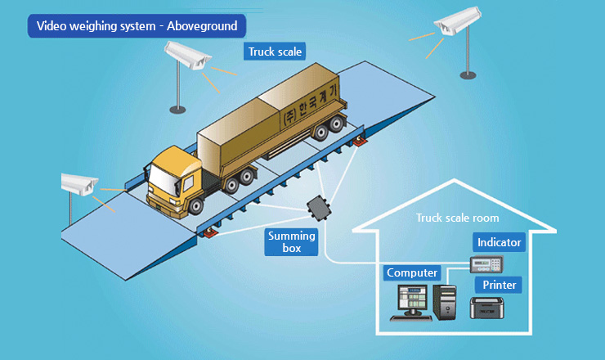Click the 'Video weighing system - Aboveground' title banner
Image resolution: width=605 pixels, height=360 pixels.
coord(136,25)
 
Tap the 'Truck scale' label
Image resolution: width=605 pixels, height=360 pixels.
coord(276,51)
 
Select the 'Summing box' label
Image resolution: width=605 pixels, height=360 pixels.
coord(292,242)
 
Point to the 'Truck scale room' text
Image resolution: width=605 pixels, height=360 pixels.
coord(457,218)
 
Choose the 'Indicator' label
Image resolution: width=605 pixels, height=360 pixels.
coord(499,242)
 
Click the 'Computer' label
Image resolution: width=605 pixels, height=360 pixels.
coord(412,272)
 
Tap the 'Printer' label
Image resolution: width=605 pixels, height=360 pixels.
coord(499,285)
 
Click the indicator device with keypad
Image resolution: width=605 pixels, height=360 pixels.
coord(485,264)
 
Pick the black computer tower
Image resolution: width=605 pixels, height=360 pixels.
coord(446,300)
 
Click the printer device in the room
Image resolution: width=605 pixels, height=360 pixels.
coord(490,308)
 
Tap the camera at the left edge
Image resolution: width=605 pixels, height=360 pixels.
coord(81,186)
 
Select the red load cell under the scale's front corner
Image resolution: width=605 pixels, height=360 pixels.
coord(209,234)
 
